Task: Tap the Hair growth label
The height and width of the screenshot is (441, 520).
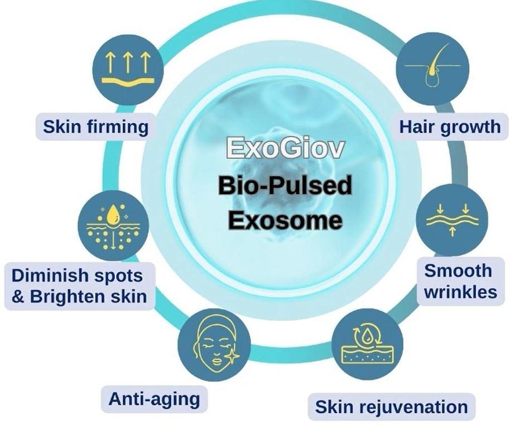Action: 449,127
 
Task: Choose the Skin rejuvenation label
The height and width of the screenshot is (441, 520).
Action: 391,406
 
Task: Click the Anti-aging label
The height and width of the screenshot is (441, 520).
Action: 154,399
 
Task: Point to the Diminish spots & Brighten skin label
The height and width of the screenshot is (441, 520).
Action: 79,285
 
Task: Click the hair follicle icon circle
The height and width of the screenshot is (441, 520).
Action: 432,68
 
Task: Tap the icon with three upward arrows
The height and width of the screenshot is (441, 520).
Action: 128,69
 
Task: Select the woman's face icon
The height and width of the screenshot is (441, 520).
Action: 214,345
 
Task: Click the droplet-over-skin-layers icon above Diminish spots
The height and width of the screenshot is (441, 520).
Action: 113,225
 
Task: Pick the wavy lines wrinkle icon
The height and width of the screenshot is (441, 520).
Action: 452,220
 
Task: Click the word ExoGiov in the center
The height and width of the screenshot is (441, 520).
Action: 285,149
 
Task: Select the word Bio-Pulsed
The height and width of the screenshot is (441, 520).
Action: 285,185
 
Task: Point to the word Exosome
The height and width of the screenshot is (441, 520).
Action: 285,220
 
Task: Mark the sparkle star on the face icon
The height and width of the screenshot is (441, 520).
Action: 231,356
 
